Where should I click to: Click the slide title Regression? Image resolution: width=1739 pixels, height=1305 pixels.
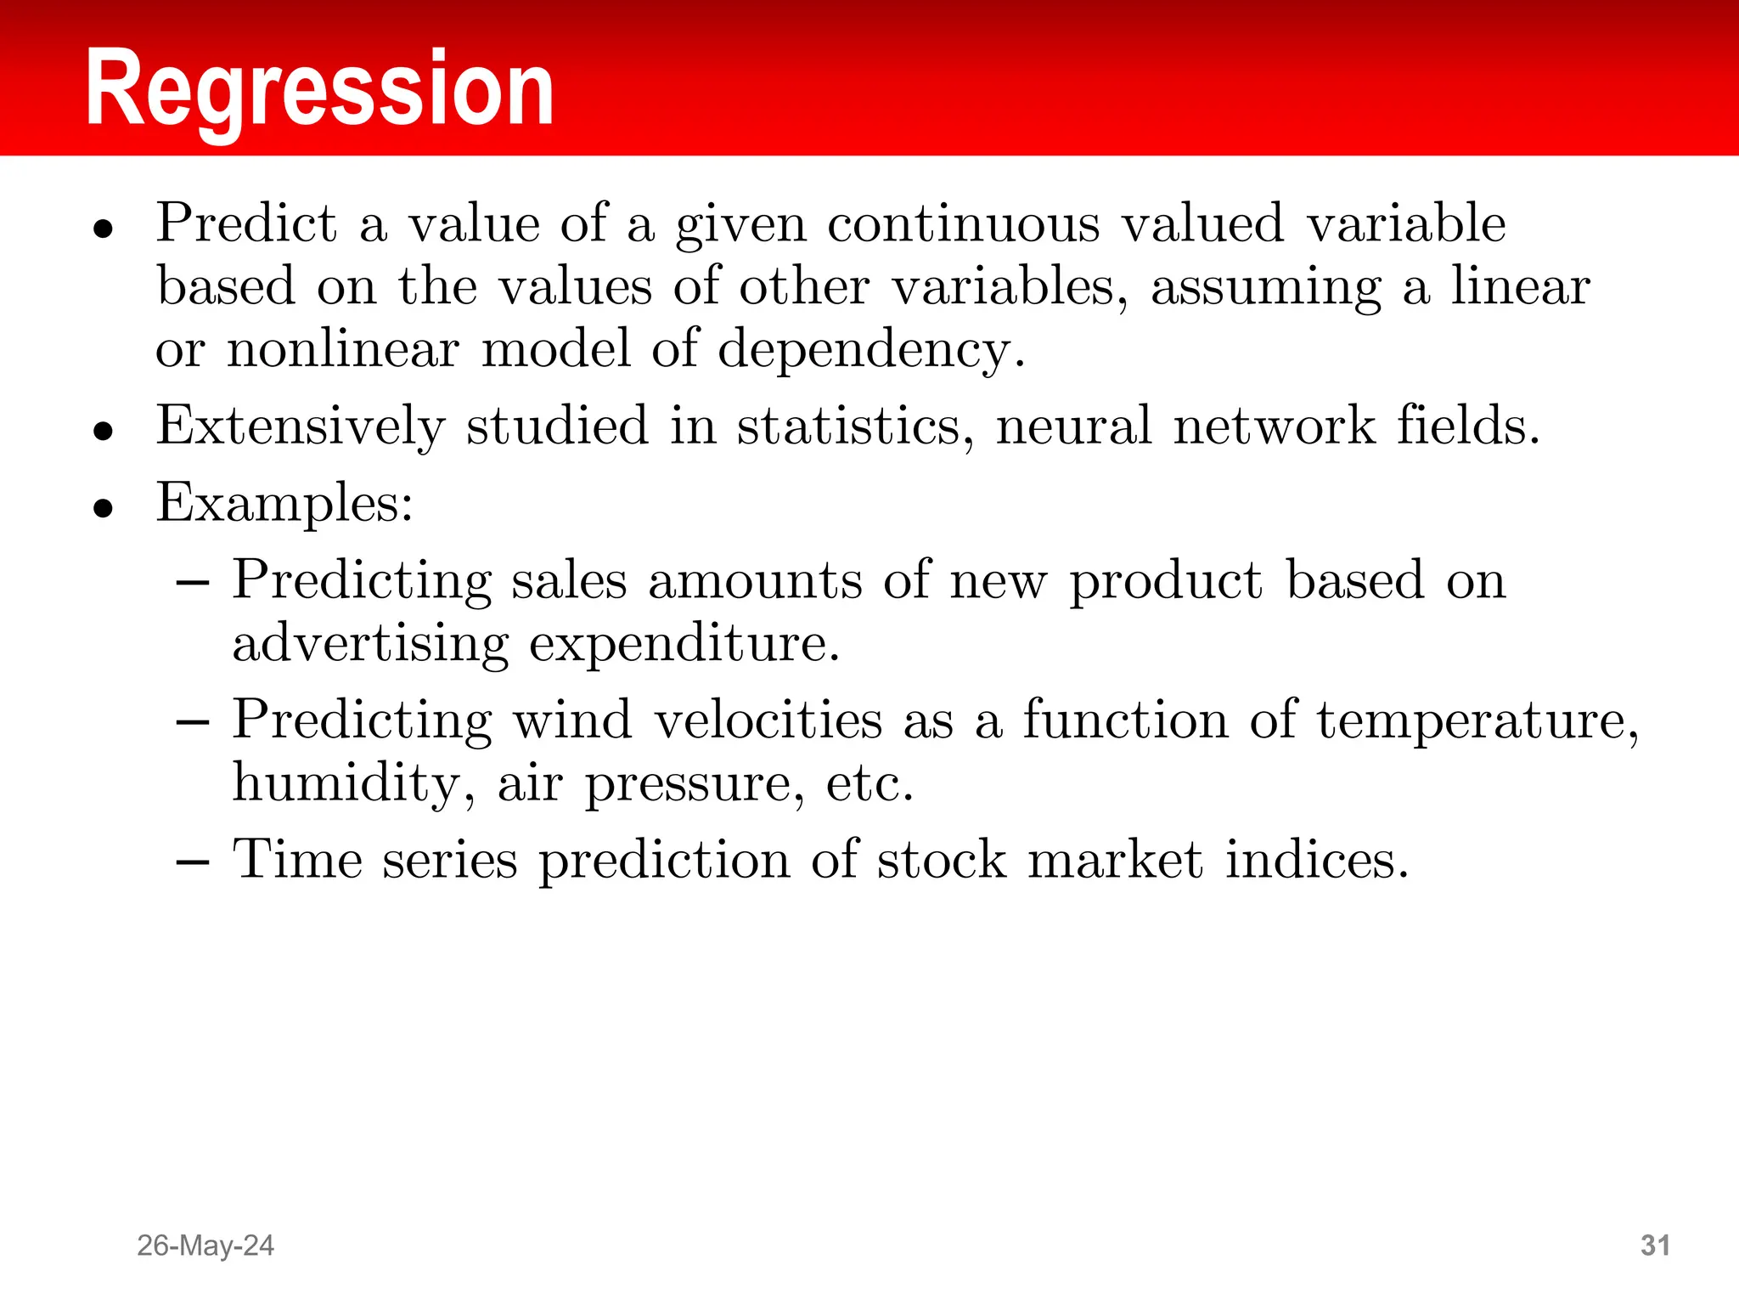click(319, 89)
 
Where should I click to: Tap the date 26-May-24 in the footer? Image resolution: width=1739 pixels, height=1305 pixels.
click(205, 1246)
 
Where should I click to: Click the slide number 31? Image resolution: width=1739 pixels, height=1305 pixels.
click(1655, 1246)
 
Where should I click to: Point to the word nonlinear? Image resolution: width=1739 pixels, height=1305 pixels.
click(342, 349)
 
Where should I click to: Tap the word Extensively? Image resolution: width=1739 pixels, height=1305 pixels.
click(301, 426)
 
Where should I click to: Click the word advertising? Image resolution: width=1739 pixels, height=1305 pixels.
click(370, 644)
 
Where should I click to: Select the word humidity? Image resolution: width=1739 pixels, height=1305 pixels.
click(348, 783)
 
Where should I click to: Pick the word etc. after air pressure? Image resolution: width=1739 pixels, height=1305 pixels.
click(869, 783)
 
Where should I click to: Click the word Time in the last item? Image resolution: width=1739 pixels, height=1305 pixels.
click(297, 859)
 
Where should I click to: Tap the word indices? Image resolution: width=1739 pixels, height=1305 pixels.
click(1313, 859)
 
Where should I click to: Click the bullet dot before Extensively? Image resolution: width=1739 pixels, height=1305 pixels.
click(104, 431)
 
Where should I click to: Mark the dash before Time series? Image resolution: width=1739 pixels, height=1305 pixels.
click(193, 862)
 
